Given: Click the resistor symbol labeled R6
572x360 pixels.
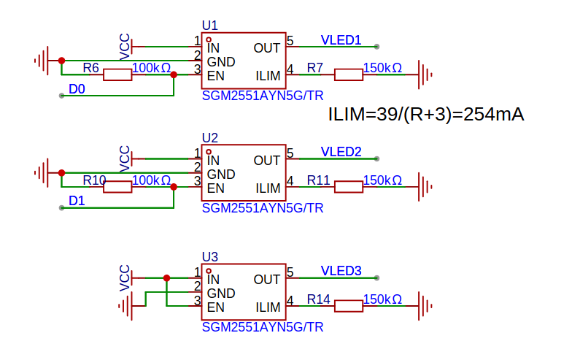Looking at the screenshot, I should click(117, 74).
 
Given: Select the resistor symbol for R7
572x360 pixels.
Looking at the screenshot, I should click(348, 74).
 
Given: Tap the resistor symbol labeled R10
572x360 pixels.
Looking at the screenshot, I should click(117, 187).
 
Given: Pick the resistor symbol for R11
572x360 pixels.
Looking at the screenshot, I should click(348, 187).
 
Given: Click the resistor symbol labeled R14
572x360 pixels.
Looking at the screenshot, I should click(348, 306).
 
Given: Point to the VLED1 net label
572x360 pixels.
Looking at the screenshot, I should click(341, 40).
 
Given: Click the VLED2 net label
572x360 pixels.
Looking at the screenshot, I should click(341, 153).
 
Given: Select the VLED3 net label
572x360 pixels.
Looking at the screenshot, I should click(341, 272).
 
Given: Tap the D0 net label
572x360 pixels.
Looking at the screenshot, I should click(77, 89).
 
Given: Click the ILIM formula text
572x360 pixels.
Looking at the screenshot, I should click(426, 115).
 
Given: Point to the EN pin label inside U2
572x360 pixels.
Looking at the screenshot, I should click(215, 188).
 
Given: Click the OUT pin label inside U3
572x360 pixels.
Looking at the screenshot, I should click(267, 280).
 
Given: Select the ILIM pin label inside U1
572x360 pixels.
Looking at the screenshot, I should click(268, 75).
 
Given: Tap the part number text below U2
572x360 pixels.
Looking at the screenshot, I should click(262, 208).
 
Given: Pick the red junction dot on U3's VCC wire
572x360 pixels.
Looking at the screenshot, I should click(167, 278).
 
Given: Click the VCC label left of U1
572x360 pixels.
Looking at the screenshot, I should click(125, 46).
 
